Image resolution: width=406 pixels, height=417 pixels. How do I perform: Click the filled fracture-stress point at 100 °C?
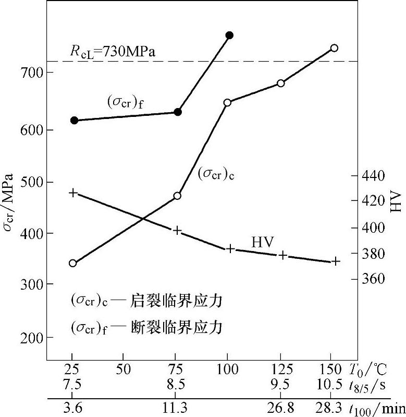tap(229, 35)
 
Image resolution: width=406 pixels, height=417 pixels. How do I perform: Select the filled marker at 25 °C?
tap(74, 121)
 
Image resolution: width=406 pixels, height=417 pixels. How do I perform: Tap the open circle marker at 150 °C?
tap(335, 48)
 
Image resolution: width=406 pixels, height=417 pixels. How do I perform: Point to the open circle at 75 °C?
tap(177, 196)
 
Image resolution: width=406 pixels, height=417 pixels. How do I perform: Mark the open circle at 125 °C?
tap(281, 83)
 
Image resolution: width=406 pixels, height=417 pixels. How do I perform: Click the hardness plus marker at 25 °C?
tap(73, 193)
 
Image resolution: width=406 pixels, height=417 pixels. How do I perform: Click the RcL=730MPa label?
tap(113, 52)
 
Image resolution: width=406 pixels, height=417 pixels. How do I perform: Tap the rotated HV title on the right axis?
tap(396, 200)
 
